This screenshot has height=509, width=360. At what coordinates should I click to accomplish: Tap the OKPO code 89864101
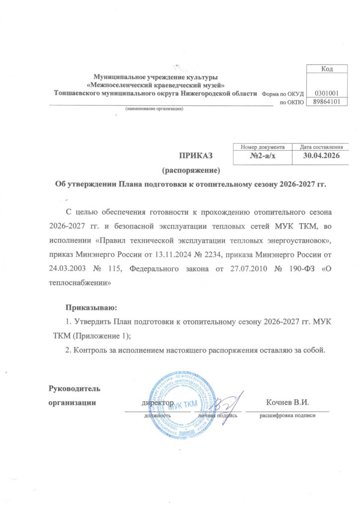pos(326,102)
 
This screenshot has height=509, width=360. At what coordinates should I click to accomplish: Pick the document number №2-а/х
pos(262,157)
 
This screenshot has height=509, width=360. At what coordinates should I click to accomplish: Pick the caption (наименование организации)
pos(154,109)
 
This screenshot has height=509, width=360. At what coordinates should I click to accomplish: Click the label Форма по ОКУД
pos(281,93)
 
